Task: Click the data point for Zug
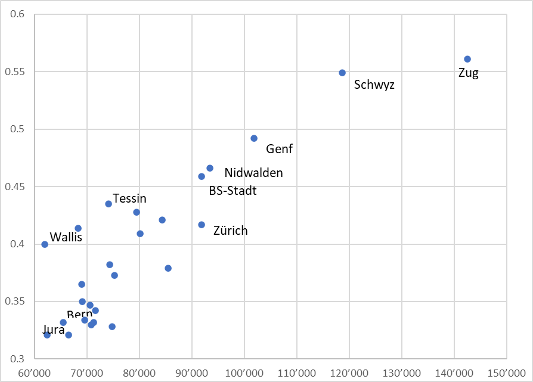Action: [467, 59]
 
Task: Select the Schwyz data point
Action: [342, 73]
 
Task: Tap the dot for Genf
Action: [254, 138]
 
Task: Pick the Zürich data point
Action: [202, 225]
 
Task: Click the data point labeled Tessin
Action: [109, 204]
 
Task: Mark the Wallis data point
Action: [45, 244]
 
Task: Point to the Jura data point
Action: [47, 335]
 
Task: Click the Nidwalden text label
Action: [253, 173]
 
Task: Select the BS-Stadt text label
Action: [233, 191]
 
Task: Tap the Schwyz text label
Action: [374, 85]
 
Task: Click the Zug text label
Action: [469, 73]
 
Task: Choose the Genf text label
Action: [280, 149]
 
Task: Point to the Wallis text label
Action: [66, 237]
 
